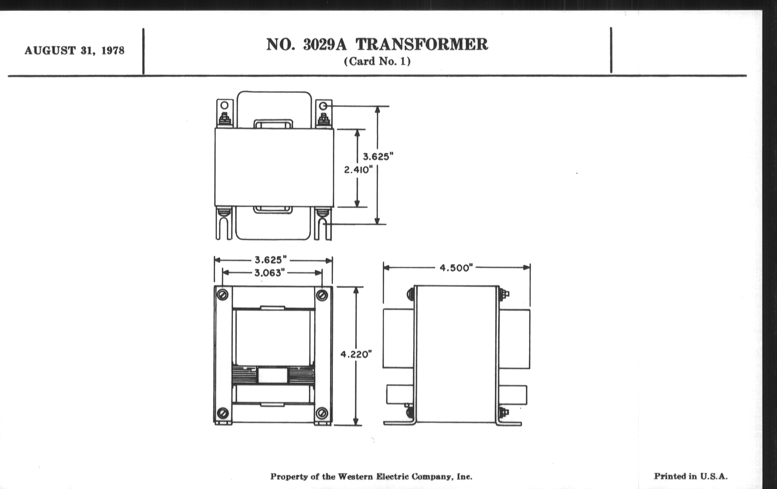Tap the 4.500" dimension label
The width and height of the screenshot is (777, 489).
click(456, 268)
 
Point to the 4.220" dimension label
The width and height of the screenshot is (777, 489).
click(356, 355)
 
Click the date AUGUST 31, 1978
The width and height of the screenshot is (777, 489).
click(74, 51)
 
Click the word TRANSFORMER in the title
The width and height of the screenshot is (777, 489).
click(422, 44)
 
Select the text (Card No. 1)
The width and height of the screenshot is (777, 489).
click(377, 61)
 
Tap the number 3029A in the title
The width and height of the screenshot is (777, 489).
click(325, 44)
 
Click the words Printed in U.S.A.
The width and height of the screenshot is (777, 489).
click(691, 476)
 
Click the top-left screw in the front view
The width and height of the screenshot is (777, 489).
click(223, 294)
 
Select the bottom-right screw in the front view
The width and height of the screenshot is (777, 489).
click(321, 413)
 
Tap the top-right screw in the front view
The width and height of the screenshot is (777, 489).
click(322, 295)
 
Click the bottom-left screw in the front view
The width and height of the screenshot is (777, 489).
click(223, 413)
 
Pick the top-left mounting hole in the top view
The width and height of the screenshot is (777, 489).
click(225, 105)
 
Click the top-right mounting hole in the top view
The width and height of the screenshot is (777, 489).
click(323, 106)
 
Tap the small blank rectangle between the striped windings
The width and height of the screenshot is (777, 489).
click(273, 376)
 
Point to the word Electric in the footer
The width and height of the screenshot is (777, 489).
click(390, 477)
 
